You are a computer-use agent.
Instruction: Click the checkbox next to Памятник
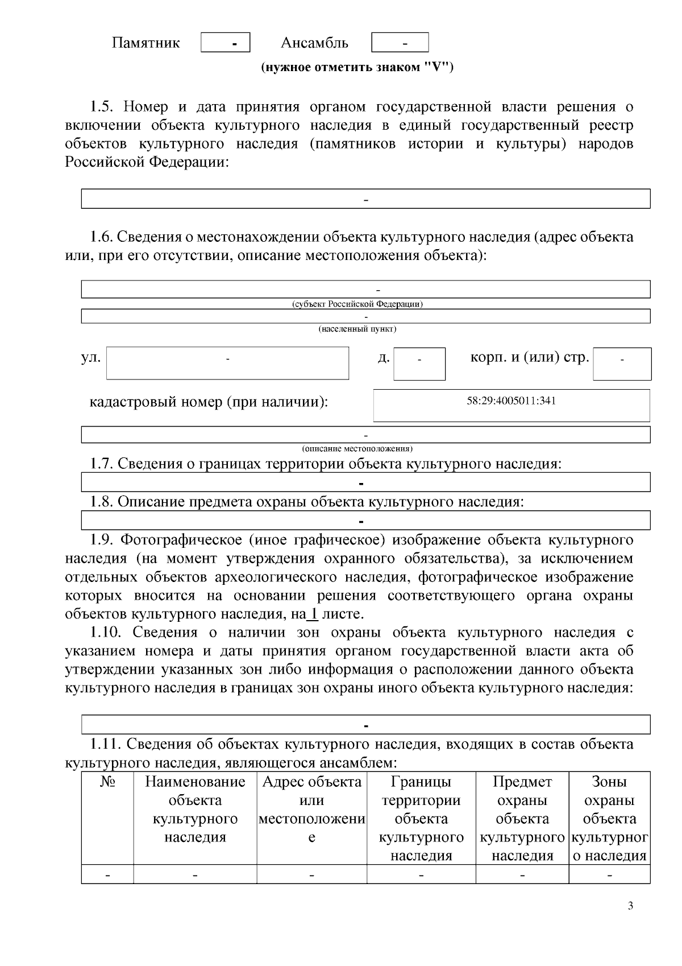click(x=226, y=43)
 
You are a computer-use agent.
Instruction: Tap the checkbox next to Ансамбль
click(x=400, y=43)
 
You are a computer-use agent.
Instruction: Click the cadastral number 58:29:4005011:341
click(x=511, y=401)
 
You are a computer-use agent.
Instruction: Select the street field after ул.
click(x=227, y=364)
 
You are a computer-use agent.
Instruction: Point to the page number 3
click(x=630, y=906)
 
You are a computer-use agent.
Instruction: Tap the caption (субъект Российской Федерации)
click(x=357, y=304)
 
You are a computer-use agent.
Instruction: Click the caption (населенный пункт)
click(x=357, y=329)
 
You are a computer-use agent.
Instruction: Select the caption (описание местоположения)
click(x=357, y=448)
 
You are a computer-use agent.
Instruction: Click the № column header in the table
click(x=107, y=782)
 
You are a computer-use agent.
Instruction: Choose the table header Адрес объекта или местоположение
click(x=311, y=810)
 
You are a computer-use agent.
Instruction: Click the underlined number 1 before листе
click(x=313, y=614)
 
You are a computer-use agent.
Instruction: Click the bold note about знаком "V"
click(x=357, y=68)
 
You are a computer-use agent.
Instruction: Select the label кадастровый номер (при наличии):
click(x=209, y=402)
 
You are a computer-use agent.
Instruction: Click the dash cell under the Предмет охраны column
click(x=522, y=874)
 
